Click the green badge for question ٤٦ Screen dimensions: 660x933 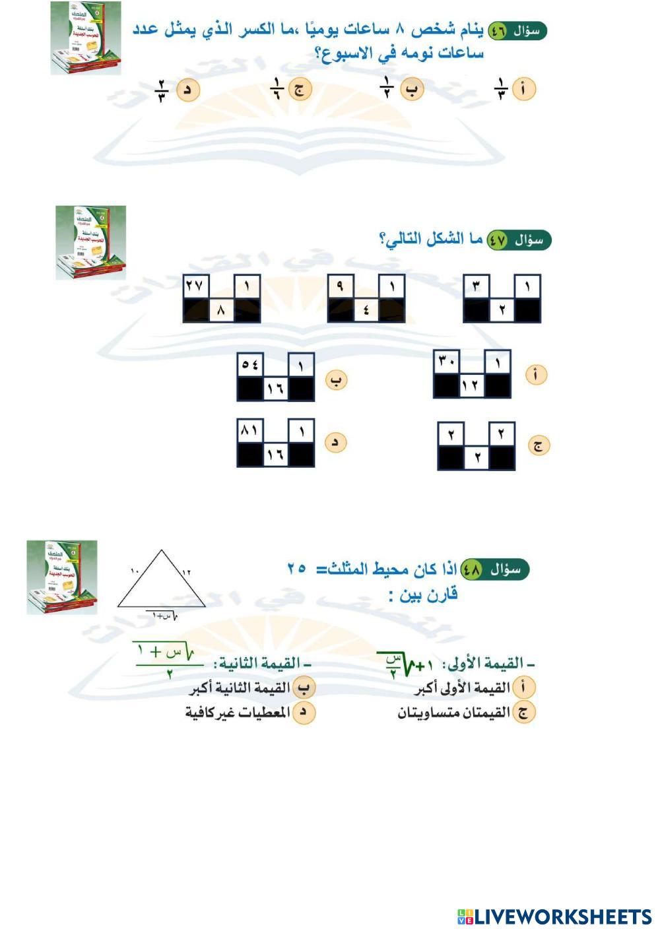tap(496, 30)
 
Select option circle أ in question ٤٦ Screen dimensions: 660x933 tap(524, 90)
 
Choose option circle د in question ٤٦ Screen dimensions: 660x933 tap(188, 90)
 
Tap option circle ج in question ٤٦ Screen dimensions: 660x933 tap(300, 90)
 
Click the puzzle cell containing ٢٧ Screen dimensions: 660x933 tap(196, 287)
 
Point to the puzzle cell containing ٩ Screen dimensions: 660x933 tap(341, 287)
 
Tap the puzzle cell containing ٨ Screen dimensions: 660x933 tap(222, 310)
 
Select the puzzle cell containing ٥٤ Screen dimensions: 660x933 tap(250, 364)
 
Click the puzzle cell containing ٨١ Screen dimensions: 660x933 tap(250, 431)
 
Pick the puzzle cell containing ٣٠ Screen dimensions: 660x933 tap(446, 362)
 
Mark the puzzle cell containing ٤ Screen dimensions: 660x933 tap(366, 310)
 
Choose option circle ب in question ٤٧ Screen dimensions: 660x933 tap(337, 381)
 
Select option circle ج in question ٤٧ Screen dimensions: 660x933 tap(539, 445)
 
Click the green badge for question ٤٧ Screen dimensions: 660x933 tap(497, 240)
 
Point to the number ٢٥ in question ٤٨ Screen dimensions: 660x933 tap(296, 567)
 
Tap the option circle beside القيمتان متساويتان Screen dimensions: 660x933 tap(523, 713)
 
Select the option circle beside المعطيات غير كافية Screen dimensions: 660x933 tap(303, 713)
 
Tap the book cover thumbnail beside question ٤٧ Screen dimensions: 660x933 tap(90, 242)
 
